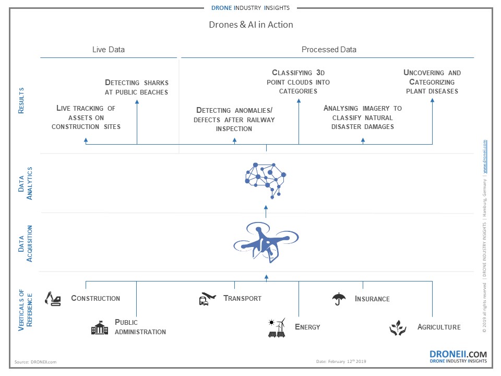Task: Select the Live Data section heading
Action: [109, 50]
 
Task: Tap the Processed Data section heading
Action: [329, 50]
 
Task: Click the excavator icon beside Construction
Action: [53, 298]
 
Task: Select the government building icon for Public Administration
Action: [100, 327]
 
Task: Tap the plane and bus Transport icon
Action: [207, 299]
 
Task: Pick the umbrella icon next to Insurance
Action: [339, 299]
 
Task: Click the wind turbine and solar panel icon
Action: [277, 327]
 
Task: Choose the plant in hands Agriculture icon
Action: [398, 327]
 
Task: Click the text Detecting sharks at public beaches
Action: [137, 87]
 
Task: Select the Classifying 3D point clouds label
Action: [298, 81]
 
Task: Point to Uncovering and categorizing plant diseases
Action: [432, 82]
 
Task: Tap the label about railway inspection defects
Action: [234, 119]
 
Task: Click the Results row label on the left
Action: [21, 100]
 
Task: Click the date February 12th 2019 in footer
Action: [342, 361]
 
